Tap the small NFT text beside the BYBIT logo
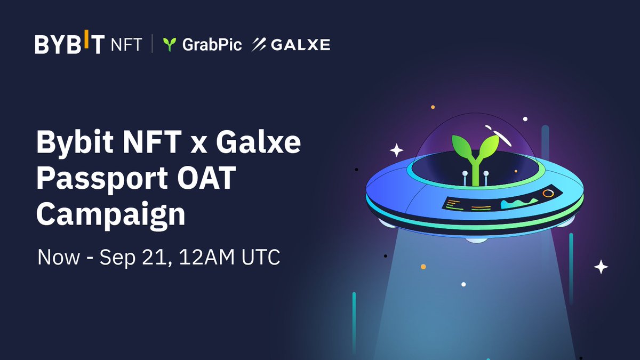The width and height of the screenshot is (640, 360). tap(126, 45)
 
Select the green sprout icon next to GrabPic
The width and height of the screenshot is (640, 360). tap(170, 45)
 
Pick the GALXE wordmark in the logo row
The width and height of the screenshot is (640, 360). tap(300, 45)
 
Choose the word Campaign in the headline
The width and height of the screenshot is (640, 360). tap(110, 215)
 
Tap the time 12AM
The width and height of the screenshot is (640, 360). tap(199, 258)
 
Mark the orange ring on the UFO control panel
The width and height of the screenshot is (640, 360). tap(548, 194)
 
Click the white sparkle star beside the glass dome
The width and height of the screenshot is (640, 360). tap(396, 150)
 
